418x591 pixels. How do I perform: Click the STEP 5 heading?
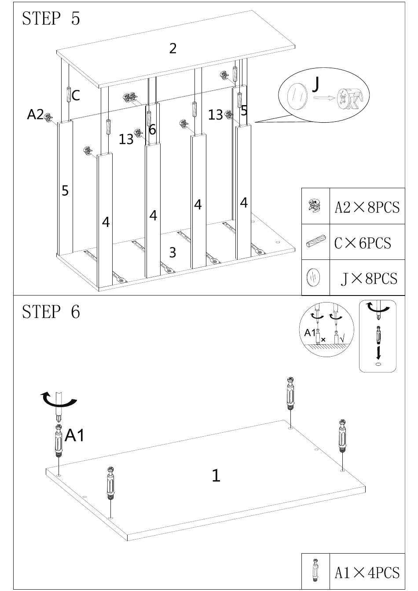tap(51, 19)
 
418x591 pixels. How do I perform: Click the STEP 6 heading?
tap(51, 312)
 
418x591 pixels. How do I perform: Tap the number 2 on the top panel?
tap(172, 48)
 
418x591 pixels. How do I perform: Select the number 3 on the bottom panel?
tap(172, 252)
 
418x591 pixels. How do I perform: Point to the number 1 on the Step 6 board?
tap(216, 476)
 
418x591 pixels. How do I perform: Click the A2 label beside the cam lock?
tap(35, 114)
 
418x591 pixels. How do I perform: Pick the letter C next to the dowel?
tap(76, 95)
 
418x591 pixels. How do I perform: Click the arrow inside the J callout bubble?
tap(325, 98)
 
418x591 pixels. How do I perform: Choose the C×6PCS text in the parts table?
tap(363, 243)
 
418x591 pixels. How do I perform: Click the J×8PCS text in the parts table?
tap(369, 279)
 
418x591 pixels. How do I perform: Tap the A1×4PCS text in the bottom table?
tap(367, 573)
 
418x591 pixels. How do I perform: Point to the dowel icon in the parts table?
tap(315, 241)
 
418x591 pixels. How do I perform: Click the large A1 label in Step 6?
tap(75, 435)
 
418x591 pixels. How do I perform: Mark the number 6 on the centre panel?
tap(152, 130)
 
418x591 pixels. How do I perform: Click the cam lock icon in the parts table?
tap(315, 206)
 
